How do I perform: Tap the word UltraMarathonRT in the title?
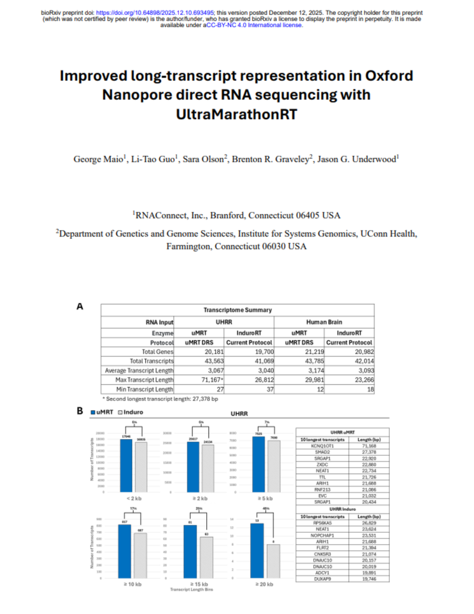(x=236, y=111)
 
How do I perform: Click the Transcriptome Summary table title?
(x=238, y=309)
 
